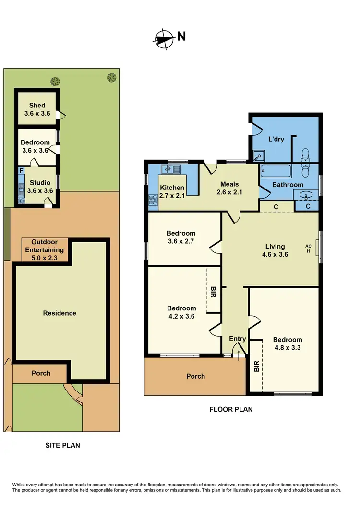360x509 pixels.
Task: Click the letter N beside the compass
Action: point(182,36)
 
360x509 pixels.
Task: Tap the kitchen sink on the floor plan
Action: point(170,169)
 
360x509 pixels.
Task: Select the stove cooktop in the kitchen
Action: point(154,199)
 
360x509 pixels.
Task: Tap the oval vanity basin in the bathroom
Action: point(305,195)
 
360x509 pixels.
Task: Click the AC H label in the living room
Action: point(308,249)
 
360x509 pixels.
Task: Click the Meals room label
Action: point(229,184)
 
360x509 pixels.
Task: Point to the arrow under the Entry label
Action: point(239,354)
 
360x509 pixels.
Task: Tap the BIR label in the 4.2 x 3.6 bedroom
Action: point(213,292)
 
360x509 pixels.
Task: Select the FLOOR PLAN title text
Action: point(230,409)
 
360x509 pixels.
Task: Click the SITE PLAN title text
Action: point(62,445)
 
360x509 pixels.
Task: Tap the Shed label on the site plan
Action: point(37,106)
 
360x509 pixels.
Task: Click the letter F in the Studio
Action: point(21,170)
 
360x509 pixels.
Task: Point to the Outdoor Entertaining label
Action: point(44,246)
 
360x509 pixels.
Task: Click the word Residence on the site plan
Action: point(60,313)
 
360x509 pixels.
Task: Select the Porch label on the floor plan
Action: point(195,376)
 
